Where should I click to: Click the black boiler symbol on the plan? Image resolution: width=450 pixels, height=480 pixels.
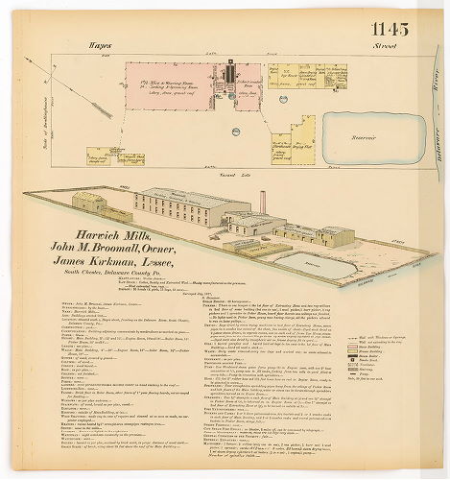pyautogui.click(x=230, y=73)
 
